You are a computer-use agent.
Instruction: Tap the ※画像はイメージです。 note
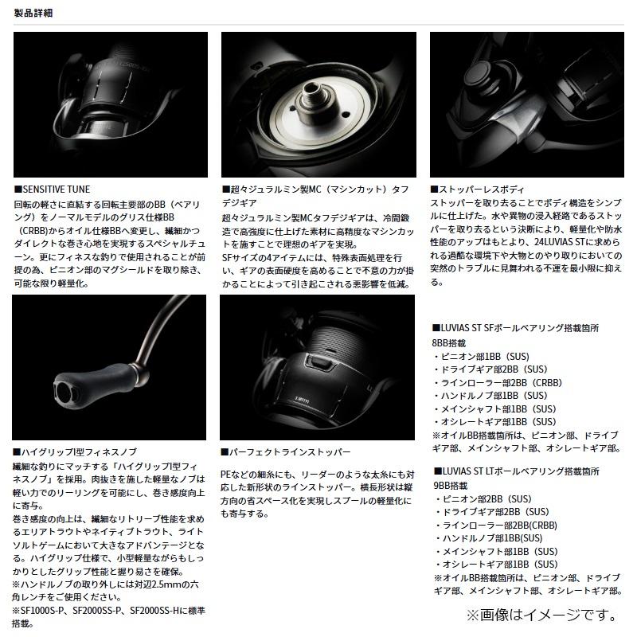click(x=541, y=615)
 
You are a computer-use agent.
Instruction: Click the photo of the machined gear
click(x=318, y=104)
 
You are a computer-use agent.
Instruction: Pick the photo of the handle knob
click(x=110, y=366)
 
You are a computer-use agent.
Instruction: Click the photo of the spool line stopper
click(x=318, y=366)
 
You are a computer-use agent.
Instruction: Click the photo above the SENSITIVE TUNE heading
click(x=110, y=104)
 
